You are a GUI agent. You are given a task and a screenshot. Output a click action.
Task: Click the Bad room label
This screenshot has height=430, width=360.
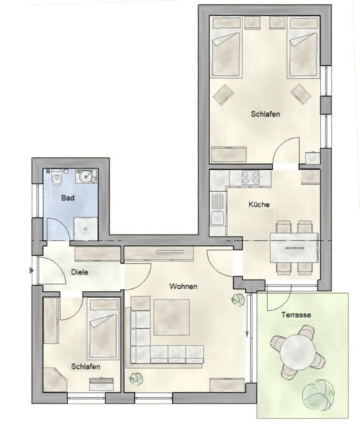pyautogui.click(x=68, y=198)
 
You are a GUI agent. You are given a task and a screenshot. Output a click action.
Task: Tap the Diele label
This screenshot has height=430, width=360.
pyautogui.click(x=80, y=272)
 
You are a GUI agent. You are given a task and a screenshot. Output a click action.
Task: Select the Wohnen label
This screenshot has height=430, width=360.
pyautogui.click(x=184, y=287)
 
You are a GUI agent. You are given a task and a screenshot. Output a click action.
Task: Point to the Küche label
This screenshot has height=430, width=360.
pyautogui.click(x=259, y=204)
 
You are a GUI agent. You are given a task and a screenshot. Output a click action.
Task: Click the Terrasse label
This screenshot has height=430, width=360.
pyautogui.click(x=296, y=315)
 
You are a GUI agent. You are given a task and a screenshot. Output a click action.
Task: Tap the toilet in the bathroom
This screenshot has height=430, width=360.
pyautogui.click(x=57, y=177)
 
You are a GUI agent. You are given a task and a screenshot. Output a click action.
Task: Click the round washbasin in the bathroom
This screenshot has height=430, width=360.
pyautogui.click(x=84, y=176)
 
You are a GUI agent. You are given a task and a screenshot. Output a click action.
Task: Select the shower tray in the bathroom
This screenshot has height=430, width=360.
pyautogui.click(x=85, y=229)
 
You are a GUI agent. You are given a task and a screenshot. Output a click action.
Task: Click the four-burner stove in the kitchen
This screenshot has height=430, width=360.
pyautogui.click(x=251, y=178)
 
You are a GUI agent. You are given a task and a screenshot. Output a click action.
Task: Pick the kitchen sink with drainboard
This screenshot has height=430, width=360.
pyautogui.click(x=217, y=210)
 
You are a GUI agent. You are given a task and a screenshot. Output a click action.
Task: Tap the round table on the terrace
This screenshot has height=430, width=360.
pyautogui.click(x=298, y=352)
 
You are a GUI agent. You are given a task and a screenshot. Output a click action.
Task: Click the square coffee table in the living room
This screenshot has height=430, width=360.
pyautogui.click(x=171, y=317)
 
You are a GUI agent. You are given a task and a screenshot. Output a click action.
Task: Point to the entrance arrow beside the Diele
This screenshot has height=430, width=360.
pyautogui.click(x=32, y=271)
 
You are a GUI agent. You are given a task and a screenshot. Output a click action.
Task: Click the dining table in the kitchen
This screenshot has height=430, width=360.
pyautogui.click(x=294, y=248)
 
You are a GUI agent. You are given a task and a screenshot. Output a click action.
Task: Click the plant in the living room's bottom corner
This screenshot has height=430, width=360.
pyautogui.click(x=136, y=378)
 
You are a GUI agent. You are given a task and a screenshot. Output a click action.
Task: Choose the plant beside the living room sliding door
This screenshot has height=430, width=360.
pyautogui.click(x=237, y=300)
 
